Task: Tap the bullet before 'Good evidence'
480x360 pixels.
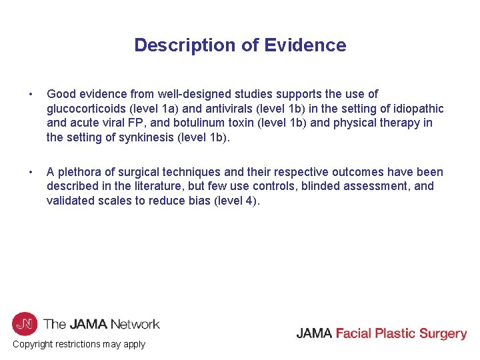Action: click(22, 95)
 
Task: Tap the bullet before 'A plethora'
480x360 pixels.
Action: click(22, 173)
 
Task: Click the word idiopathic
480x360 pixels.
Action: click(417, 109)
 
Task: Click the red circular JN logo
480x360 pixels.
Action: click(25, 324)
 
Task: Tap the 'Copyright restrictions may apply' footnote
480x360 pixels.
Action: click(79, 344)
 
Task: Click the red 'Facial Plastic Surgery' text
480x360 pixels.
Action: click(401, 333)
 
